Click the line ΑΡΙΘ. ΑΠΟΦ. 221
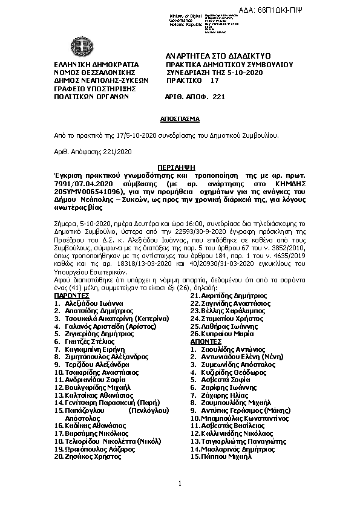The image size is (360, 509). coord(195,96)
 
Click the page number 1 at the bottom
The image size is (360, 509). coord(180,483)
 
